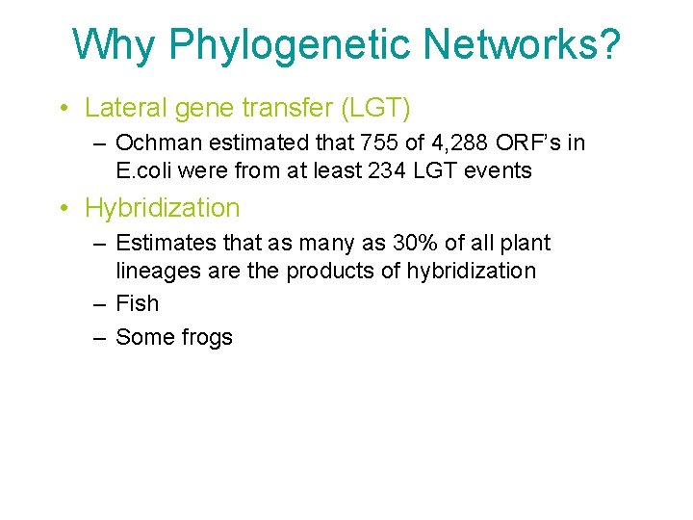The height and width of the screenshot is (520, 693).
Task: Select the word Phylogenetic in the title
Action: (x=288, y=44)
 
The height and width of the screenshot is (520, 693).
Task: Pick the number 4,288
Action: (x=459, y=143)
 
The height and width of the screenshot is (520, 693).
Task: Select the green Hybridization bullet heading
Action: (x=163, y=207)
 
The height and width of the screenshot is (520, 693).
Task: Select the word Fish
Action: (x=137, y=303)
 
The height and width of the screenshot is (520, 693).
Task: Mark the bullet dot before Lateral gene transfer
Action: (x=63, y=107)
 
